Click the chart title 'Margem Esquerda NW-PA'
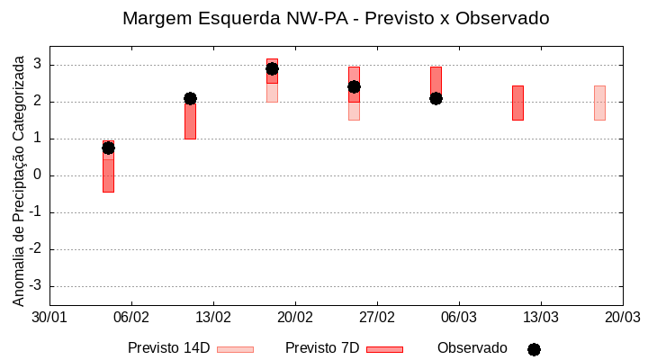pos(335,18)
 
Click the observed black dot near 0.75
pos(108,148)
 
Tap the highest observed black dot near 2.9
pos(272,68)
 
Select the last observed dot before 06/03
pos(436,98)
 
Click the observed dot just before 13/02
pos(190,98)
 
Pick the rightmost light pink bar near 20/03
pos(599,103)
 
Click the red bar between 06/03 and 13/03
pos(517,103)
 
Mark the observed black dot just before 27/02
pos(354,86)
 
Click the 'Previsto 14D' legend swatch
pos(235,349)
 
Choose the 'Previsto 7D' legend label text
pos(322,348)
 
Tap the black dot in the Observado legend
pos(534,349)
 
